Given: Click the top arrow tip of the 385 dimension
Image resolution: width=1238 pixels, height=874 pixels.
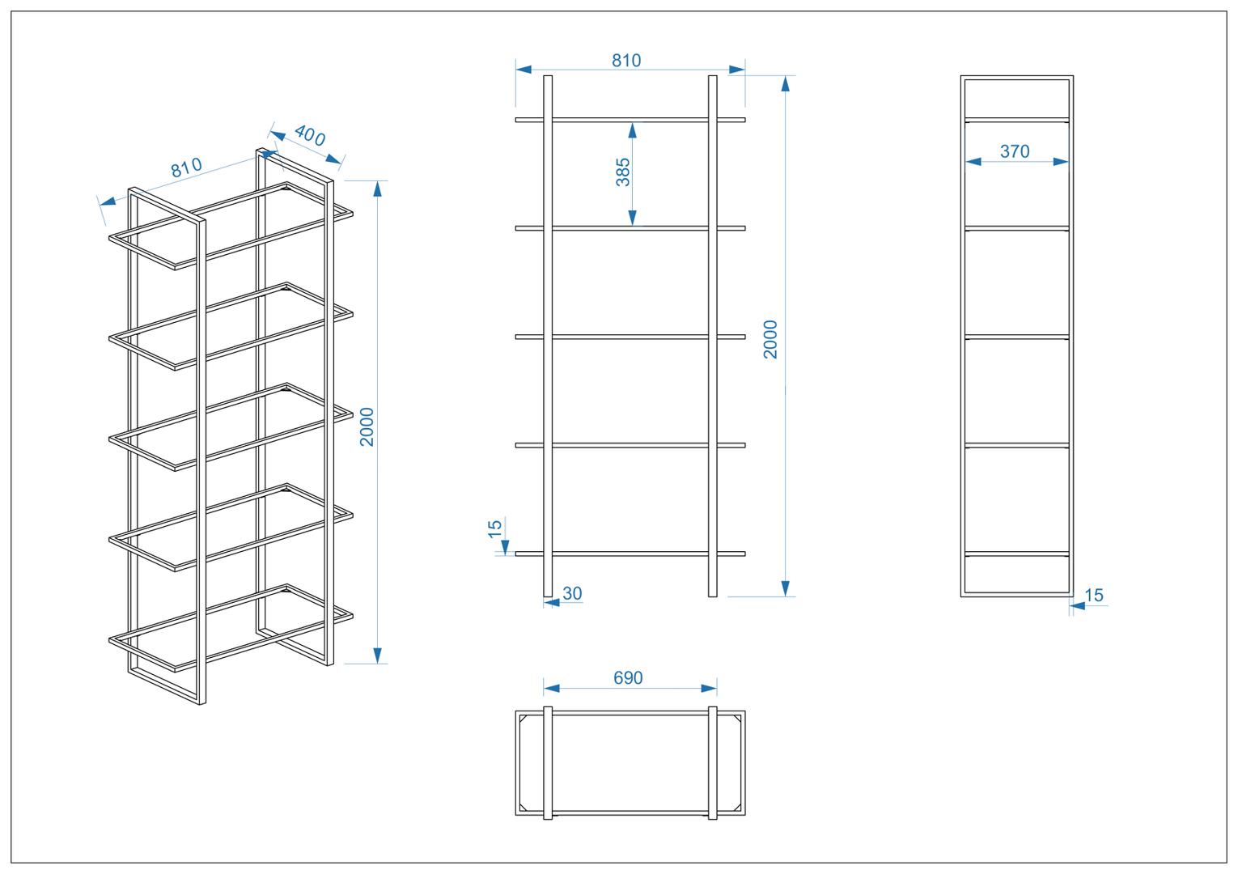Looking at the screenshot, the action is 632,123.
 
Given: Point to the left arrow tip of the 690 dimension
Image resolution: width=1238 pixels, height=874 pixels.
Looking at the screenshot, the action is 544,688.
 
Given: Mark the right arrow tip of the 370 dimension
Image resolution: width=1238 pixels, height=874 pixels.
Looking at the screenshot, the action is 1068,162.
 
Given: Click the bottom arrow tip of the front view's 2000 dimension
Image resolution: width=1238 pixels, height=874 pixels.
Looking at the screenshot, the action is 786,596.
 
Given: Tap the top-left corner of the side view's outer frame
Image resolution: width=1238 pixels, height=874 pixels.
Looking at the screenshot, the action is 961,76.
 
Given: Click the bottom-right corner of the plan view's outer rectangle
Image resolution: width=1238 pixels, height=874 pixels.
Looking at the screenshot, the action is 745,815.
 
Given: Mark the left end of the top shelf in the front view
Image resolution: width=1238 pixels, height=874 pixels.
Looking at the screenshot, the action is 515,120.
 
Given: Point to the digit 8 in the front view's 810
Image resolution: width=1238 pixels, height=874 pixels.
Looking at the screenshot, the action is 617,60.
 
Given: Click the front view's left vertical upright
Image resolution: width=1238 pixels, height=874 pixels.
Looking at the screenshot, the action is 548,336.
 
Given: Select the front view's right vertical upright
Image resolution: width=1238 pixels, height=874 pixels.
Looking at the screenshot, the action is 712,336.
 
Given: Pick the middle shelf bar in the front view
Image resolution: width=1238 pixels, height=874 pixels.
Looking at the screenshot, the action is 630,337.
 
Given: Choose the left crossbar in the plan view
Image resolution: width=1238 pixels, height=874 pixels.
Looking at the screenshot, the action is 548,763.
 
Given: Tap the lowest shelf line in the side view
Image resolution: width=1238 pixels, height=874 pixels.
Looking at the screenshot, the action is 1017,554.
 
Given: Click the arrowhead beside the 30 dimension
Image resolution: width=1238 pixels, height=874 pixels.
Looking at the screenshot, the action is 552,602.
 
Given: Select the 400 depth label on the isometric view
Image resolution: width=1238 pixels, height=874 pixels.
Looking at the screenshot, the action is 309,136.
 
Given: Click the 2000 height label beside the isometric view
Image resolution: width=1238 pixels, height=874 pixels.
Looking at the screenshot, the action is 367,426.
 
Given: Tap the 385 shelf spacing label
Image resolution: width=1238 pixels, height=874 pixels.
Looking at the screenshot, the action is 623,172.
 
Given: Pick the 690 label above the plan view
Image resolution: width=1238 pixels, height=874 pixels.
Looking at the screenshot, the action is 628,677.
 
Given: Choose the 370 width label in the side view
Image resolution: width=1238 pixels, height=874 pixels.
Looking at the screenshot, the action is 1015,151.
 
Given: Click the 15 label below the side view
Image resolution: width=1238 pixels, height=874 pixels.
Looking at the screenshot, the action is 1094,596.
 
